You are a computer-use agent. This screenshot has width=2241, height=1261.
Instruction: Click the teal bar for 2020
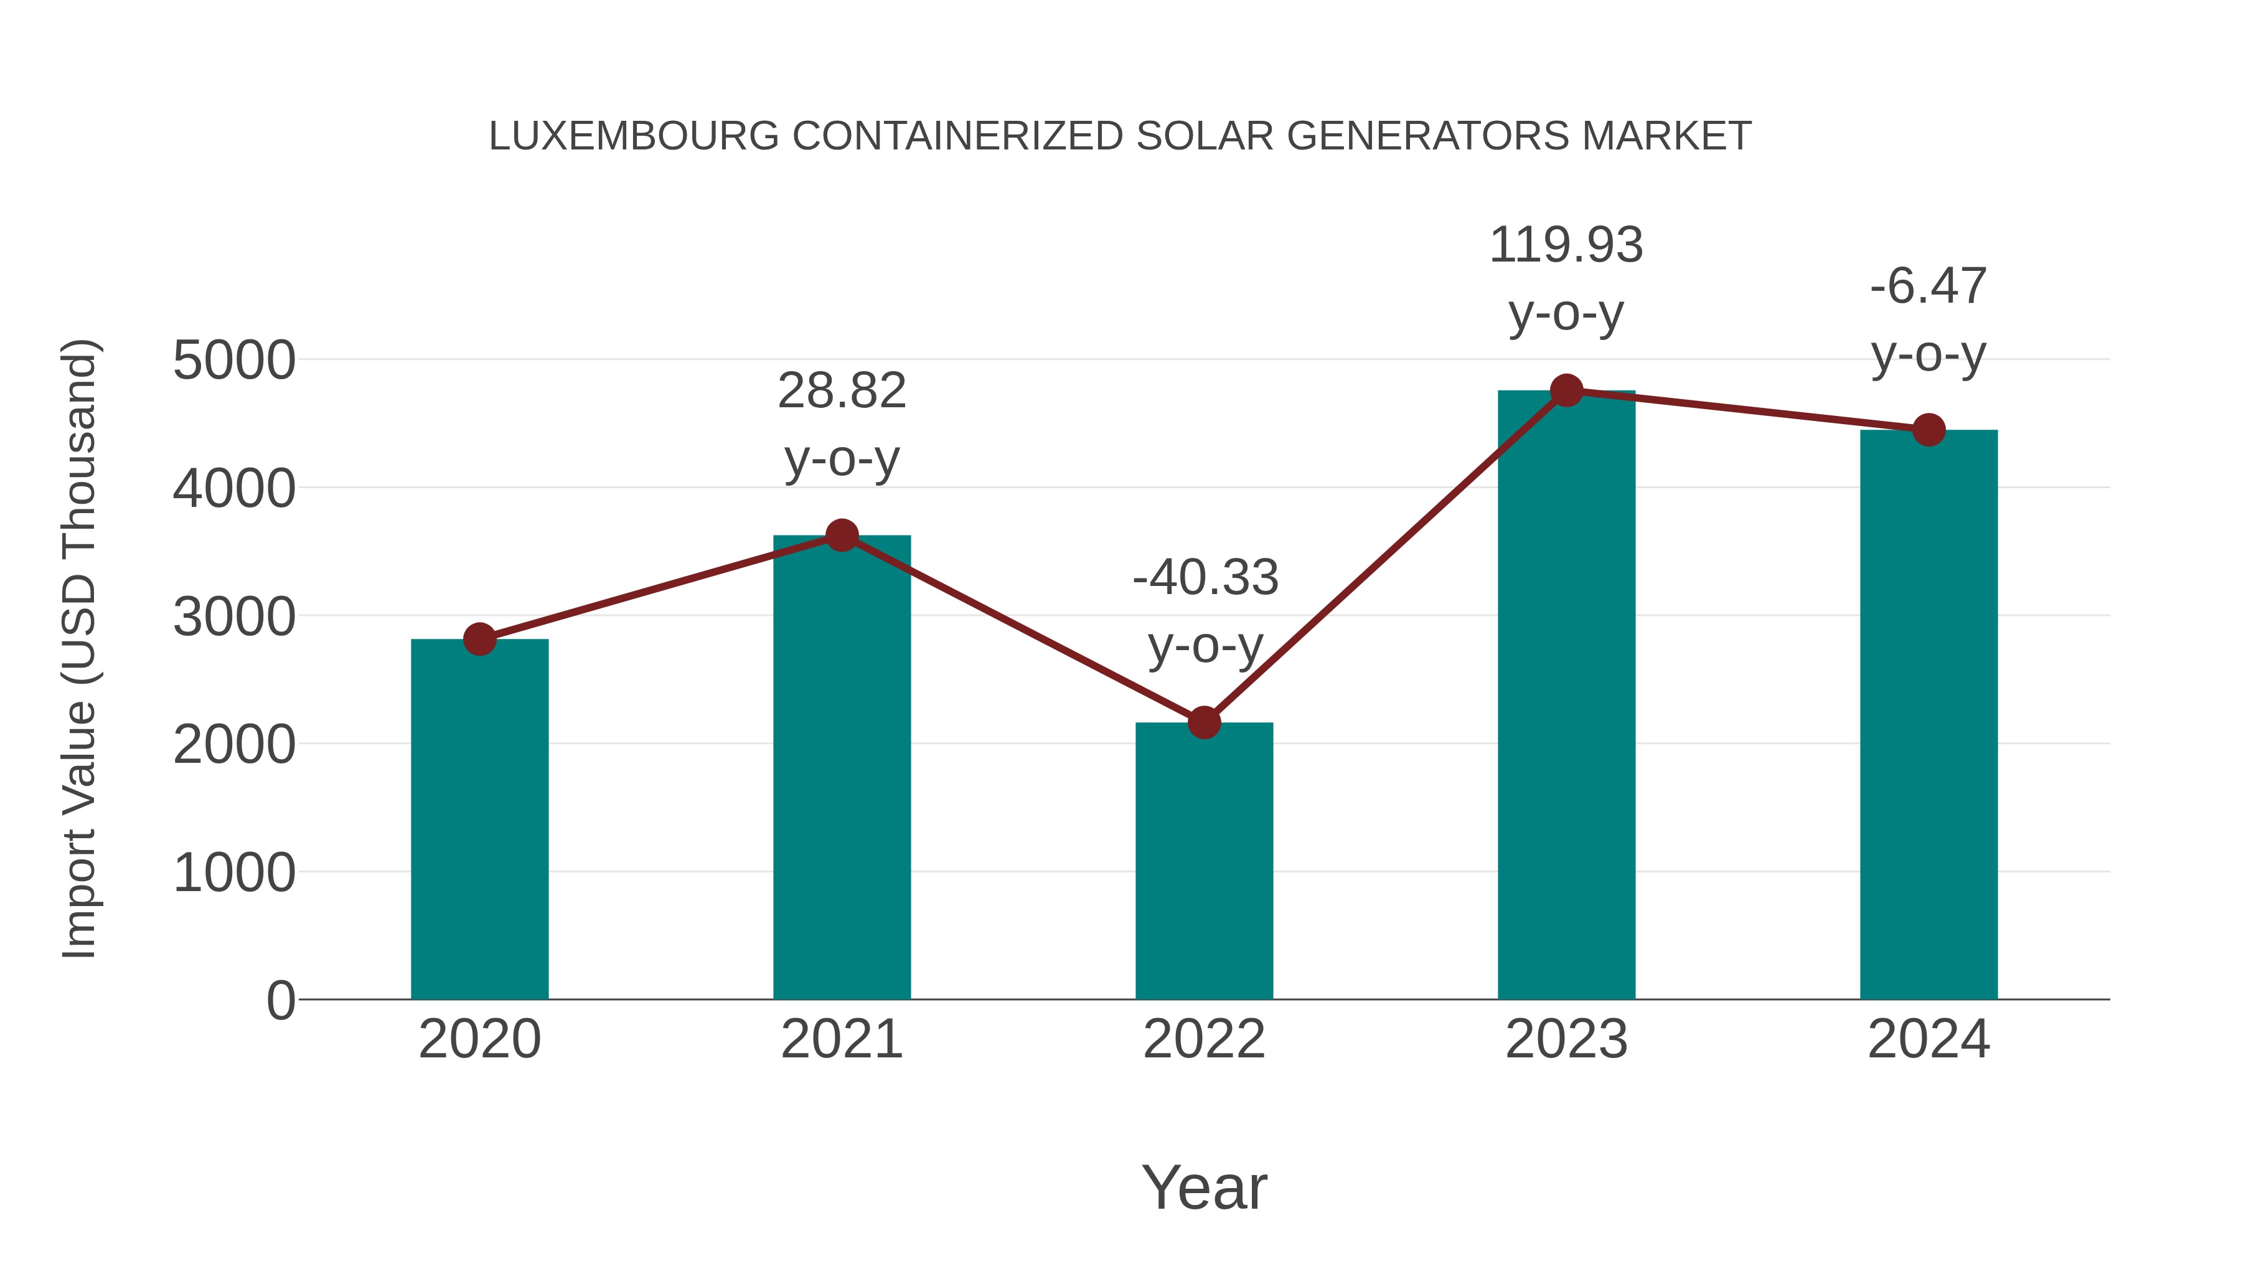tap(479, 818)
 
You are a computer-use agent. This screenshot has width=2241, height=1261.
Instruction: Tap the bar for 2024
tap(1929, 714)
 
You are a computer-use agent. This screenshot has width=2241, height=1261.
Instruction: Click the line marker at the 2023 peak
tap(1566, 390)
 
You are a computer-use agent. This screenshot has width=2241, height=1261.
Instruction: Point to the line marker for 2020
tap(479, 640)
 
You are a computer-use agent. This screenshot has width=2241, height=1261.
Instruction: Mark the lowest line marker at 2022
tap(1204, 722)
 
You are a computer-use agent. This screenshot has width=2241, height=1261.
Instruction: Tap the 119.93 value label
tap(1566, 245)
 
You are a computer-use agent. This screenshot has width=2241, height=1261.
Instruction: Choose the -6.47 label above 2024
tap(1929, 286)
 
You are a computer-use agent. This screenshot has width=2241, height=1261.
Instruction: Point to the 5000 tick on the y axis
tap(233, 361)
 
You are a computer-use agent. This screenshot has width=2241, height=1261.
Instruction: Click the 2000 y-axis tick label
tap(233, 745)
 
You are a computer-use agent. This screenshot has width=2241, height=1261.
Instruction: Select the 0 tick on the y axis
tap(280, 1000)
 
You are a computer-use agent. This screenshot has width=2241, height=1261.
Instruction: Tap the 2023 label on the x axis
tap(1566, 1039)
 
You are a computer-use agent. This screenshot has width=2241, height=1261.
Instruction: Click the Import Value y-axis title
tap(79, 648)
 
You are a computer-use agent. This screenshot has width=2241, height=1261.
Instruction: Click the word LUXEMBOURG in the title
tap(633, 136)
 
